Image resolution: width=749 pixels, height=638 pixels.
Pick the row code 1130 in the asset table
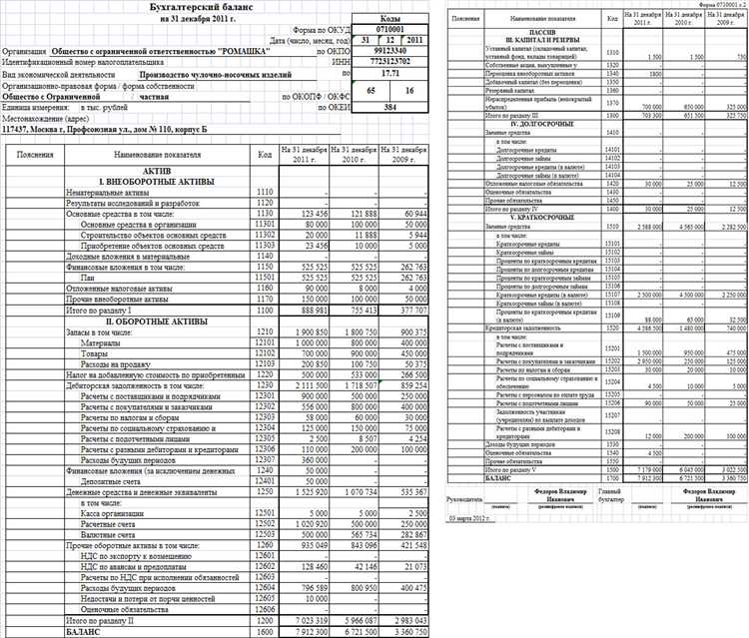coord(265,214)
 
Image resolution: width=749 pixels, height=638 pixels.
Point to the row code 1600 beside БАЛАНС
coord(265,631)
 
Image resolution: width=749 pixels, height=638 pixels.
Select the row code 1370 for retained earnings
coord(611,104)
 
